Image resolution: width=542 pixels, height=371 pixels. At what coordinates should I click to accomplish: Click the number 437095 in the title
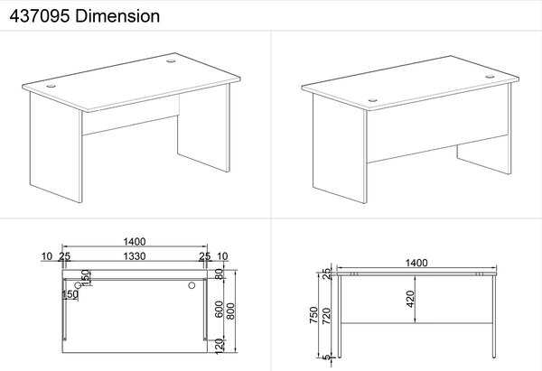(40, 16)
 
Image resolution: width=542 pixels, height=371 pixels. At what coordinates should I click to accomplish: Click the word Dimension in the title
(117, 16)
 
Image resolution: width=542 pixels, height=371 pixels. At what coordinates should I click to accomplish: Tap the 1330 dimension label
(135, 256)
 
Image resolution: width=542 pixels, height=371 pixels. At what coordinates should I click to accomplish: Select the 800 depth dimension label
(230, 311)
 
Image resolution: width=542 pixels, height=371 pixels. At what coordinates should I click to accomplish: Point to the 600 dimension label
(220, 309)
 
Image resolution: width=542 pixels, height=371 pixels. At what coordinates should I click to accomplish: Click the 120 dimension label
(220, 346)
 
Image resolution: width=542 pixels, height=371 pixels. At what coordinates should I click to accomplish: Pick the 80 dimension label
(220, 274)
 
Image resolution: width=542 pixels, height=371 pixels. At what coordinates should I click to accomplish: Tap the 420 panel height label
(410, 299)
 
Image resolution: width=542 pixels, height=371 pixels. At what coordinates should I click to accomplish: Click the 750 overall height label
(313, 315)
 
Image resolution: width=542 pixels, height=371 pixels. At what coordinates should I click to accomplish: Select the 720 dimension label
(326, 316)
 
